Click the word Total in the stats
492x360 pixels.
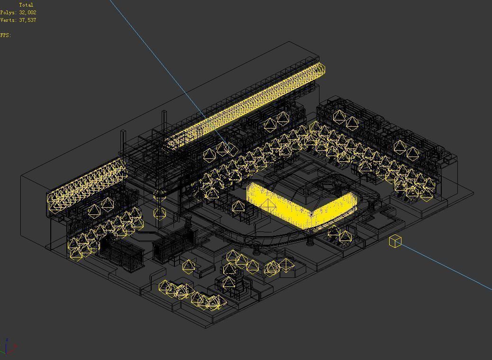26,5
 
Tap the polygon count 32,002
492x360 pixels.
27,12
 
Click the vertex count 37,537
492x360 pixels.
27,20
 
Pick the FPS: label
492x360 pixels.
5,35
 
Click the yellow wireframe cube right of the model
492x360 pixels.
395,241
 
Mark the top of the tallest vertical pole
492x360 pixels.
164,112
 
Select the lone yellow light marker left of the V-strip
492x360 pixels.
238,207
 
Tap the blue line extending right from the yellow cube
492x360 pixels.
446,266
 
